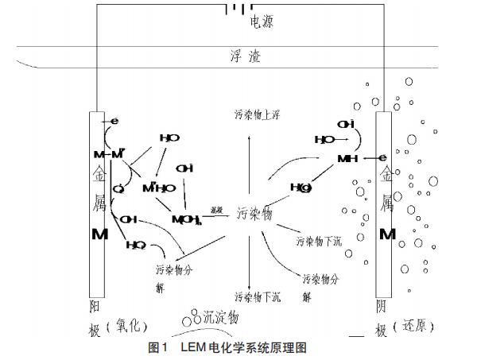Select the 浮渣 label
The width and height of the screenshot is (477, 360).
point(244,56)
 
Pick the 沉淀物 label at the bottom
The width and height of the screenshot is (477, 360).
point(221,318)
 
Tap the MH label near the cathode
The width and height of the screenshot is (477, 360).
point(347,159)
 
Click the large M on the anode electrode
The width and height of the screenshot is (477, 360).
point(101,235)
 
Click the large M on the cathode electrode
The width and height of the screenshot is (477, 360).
point(386,234)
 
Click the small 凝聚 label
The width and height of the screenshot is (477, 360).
point(215,210)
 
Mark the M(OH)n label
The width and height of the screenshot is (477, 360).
point(188,219)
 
